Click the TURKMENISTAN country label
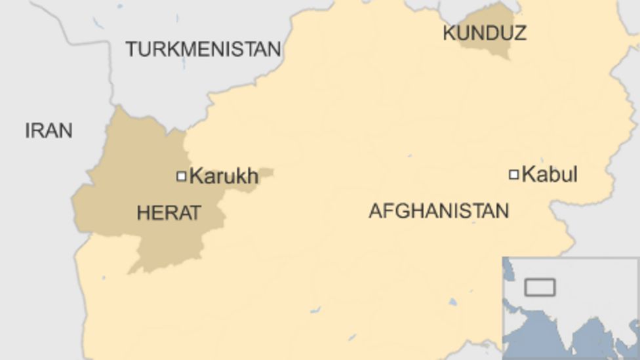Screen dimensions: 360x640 203,49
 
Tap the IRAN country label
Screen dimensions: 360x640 49,130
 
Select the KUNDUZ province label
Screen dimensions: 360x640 485,33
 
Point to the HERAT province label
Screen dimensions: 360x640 169,212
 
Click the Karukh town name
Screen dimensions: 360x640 224,176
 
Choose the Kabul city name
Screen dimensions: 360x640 550,175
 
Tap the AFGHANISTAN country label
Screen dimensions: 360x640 439,210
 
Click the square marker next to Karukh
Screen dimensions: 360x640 182,176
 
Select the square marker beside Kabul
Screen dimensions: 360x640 514,174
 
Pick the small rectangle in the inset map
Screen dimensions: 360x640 540,287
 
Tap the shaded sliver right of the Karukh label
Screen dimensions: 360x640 265,175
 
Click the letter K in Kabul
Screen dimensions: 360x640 529,175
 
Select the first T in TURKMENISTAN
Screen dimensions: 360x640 130,49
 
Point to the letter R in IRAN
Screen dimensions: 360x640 38,130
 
